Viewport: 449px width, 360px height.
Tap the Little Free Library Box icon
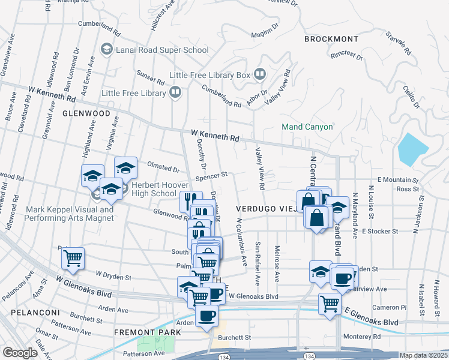pyautogui.click(x=260, y=75)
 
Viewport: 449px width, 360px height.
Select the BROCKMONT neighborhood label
pyautogui.click(x=331, y=39)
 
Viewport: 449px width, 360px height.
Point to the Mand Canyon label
pyautogui.click(x=307, y=127)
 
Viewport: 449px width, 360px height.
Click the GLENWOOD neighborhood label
pyautogui.click(x=86, y=113)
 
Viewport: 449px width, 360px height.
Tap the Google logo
pyautogui.click(x=20, y=353)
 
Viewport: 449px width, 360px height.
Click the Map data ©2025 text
pyautogui.click(x=423, y=355)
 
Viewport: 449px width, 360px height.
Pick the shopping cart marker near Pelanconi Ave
pyautogui.click(x=73, y=259)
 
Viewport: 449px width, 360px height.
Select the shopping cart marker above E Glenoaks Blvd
pyautogui.click(x=330, y=304)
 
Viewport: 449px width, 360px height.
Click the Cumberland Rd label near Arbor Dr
pyautogui.click(x=221, y=100)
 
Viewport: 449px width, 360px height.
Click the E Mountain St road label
pyautogui.click(x=398, y=180)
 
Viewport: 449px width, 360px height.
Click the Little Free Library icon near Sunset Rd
pyautogui.click(x=175, y=92)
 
